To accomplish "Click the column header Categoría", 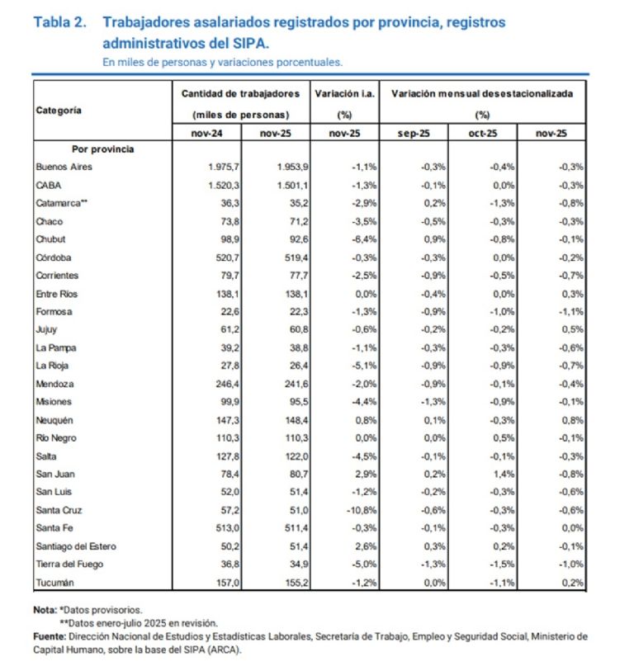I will (x=59, y=110).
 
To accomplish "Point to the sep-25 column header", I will (x=414, y=132).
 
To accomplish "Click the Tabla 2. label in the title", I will (x=60, y=22).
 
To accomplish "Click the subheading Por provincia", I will (x=102, y=149).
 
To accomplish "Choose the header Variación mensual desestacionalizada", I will (x=482, y=94).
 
